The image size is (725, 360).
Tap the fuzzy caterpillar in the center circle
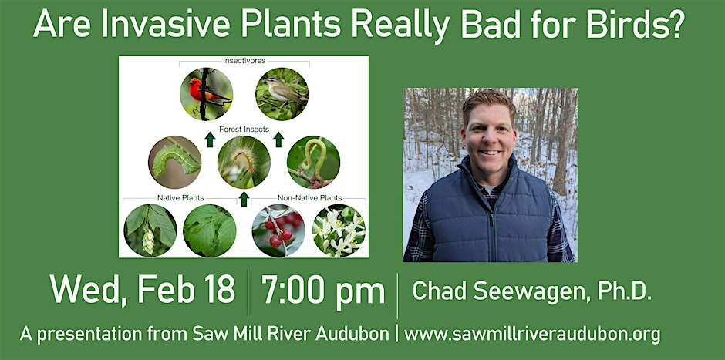[244, 162]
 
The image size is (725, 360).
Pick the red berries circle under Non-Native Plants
[278, 230]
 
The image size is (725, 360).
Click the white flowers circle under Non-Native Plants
[339, 230]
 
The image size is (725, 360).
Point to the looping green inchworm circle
[313, 162]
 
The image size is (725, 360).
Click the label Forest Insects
[244, 130]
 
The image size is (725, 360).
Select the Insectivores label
[244, 61]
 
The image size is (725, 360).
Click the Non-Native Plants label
[310, 198]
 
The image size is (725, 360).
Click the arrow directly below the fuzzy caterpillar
[244, 199]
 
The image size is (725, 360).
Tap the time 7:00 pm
[323, 291]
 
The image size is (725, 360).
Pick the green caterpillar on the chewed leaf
[175, 162]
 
